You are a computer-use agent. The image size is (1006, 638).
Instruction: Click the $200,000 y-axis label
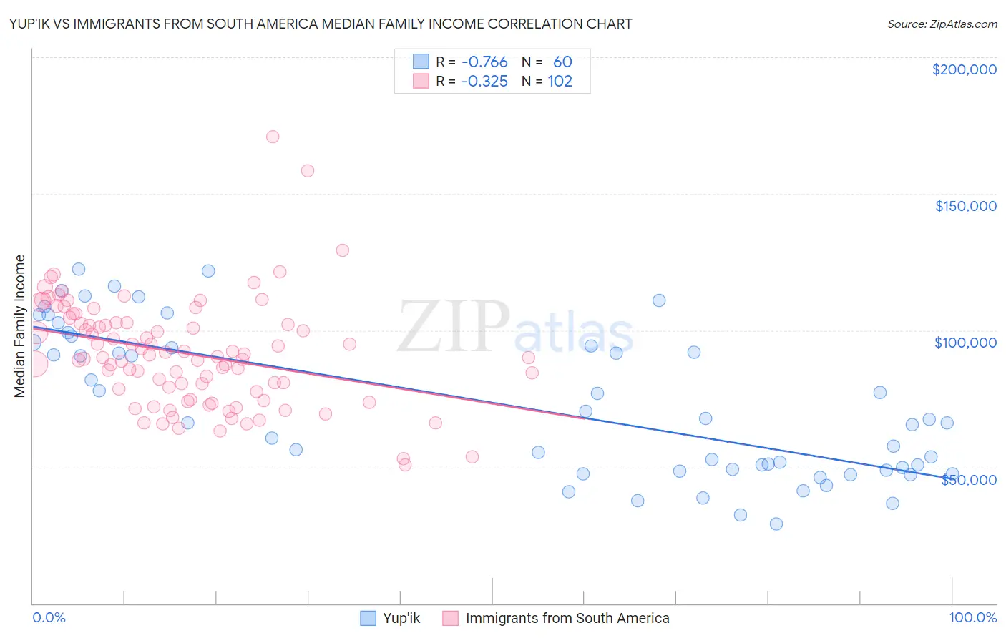964,69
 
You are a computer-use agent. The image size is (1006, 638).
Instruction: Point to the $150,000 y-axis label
965,206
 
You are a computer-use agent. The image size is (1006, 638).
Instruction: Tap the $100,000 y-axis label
965,343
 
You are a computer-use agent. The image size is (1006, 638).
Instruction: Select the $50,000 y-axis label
968,480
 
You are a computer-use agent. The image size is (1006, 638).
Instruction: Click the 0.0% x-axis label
49,617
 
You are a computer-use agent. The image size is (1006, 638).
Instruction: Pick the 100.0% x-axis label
972,617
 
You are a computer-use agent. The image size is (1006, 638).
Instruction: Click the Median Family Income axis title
20,325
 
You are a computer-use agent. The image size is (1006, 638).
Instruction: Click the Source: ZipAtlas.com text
942,24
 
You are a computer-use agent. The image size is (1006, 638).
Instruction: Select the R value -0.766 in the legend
484,62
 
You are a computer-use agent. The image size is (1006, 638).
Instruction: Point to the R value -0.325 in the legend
484,82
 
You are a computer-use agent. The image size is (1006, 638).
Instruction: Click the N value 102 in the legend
560,82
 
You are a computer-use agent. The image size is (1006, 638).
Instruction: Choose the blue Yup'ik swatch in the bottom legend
368,618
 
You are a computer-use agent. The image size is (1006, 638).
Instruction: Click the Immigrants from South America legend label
567,618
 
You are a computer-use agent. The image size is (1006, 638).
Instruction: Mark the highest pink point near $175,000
272,137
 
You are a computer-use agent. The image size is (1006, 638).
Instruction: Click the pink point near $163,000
308,170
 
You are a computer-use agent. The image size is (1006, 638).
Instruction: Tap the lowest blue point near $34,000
776,524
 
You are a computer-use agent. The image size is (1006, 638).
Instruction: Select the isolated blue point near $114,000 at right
659,300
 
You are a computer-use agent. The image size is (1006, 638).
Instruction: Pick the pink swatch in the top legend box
421,82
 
